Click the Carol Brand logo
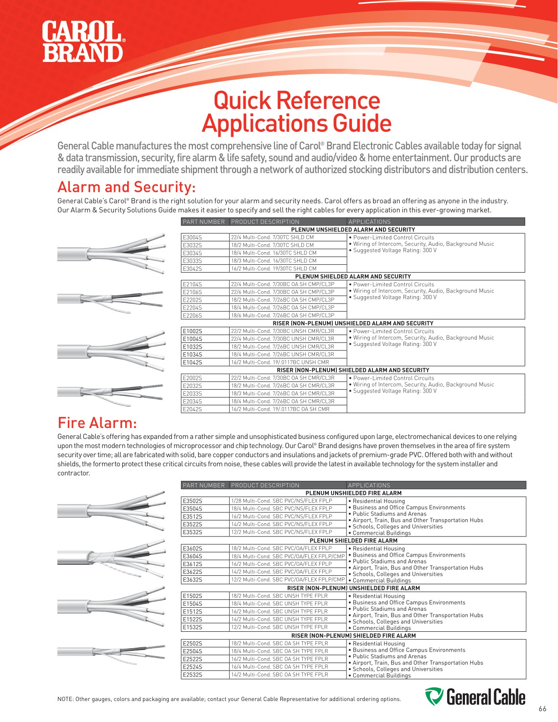(x=83, y=42)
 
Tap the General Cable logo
(x=475, y=697)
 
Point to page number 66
(x=542, y=709)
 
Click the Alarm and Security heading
(x=127, y=187)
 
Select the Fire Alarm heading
(x=97, y=423)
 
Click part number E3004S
(x=192, y=237)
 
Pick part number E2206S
(x=192, y=315)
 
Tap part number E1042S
(x=192, y=362)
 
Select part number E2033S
(x=192, y=393)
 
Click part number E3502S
(x=192, y=501)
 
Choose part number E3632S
(x=192, y=580)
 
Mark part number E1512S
(x=192, y=612)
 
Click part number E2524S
(x=192, y=667)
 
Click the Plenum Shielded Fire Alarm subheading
(x=353, y=541)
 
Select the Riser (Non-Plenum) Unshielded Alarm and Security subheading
(x=353, y=323)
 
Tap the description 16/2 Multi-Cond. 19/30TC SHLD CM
(x=274, y=268)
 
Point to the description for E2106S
(x=283, y=292)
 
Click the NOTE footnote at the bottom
(x=229, y=699)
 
